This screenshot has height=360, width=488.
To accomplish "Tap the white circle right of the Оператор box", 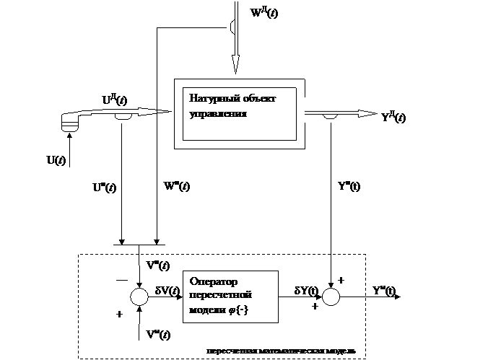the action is pos(331,297).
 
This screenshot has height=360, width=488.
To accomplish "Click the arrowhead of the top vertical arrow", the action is pos(235,70).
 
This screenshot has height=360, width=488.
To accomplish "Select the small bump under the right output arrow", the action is pos(331,117).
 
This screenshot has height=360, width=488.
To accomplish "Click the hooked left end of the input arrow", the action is pos(70,123).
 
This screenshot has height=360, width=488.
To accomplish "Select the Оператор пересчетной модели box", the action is pos(230,297).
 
